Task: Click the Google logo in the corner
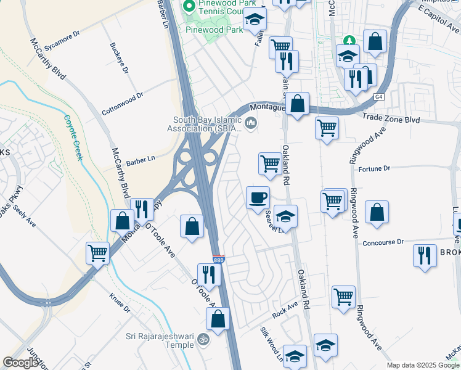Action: [20, 363]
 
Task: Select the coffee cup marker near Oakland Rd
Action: [258, 198]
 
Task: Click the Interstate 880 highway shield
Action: [218, 260]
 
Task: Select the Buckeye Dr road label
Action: [119, 58]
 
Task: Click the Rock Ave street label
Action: [285, 309]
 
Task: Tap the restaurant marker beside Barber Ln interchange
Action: [143, 210]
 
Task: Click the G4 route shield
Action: [379, 97]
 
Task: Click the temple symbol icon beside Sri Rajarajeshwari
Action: [203, 340]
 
